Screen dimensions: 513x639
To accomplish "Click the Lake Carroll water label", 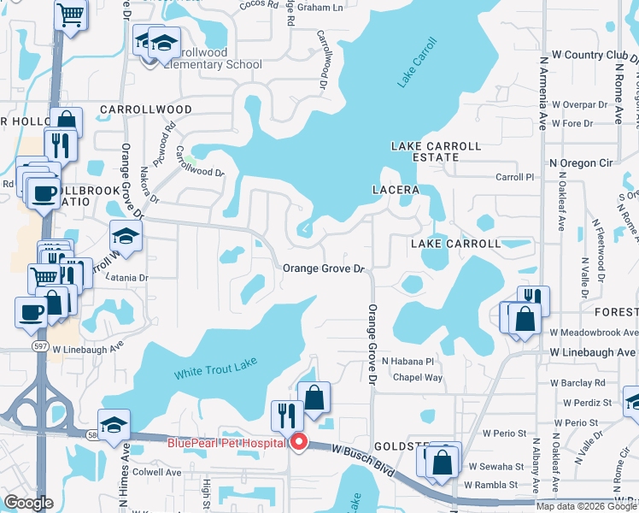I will pyautogui.click(x=417, y=62).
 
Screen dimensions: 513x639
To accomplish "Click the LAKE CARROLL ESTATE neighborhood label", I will pyautogui.click(x=425, y=151).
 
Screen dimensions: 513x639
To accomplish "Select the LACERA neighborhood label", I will pyautogui.click(x=395, y=189).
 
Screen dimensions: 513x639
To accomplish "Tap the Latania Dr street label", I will pyautogui.click(x=126, y=278).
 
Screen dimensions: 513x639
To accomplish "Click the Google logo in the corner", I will pyautogui.click(x=28, y=503).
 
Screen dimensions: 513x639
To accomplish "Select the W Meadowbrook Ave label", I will pyautogui.click(x=594, y=332).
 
